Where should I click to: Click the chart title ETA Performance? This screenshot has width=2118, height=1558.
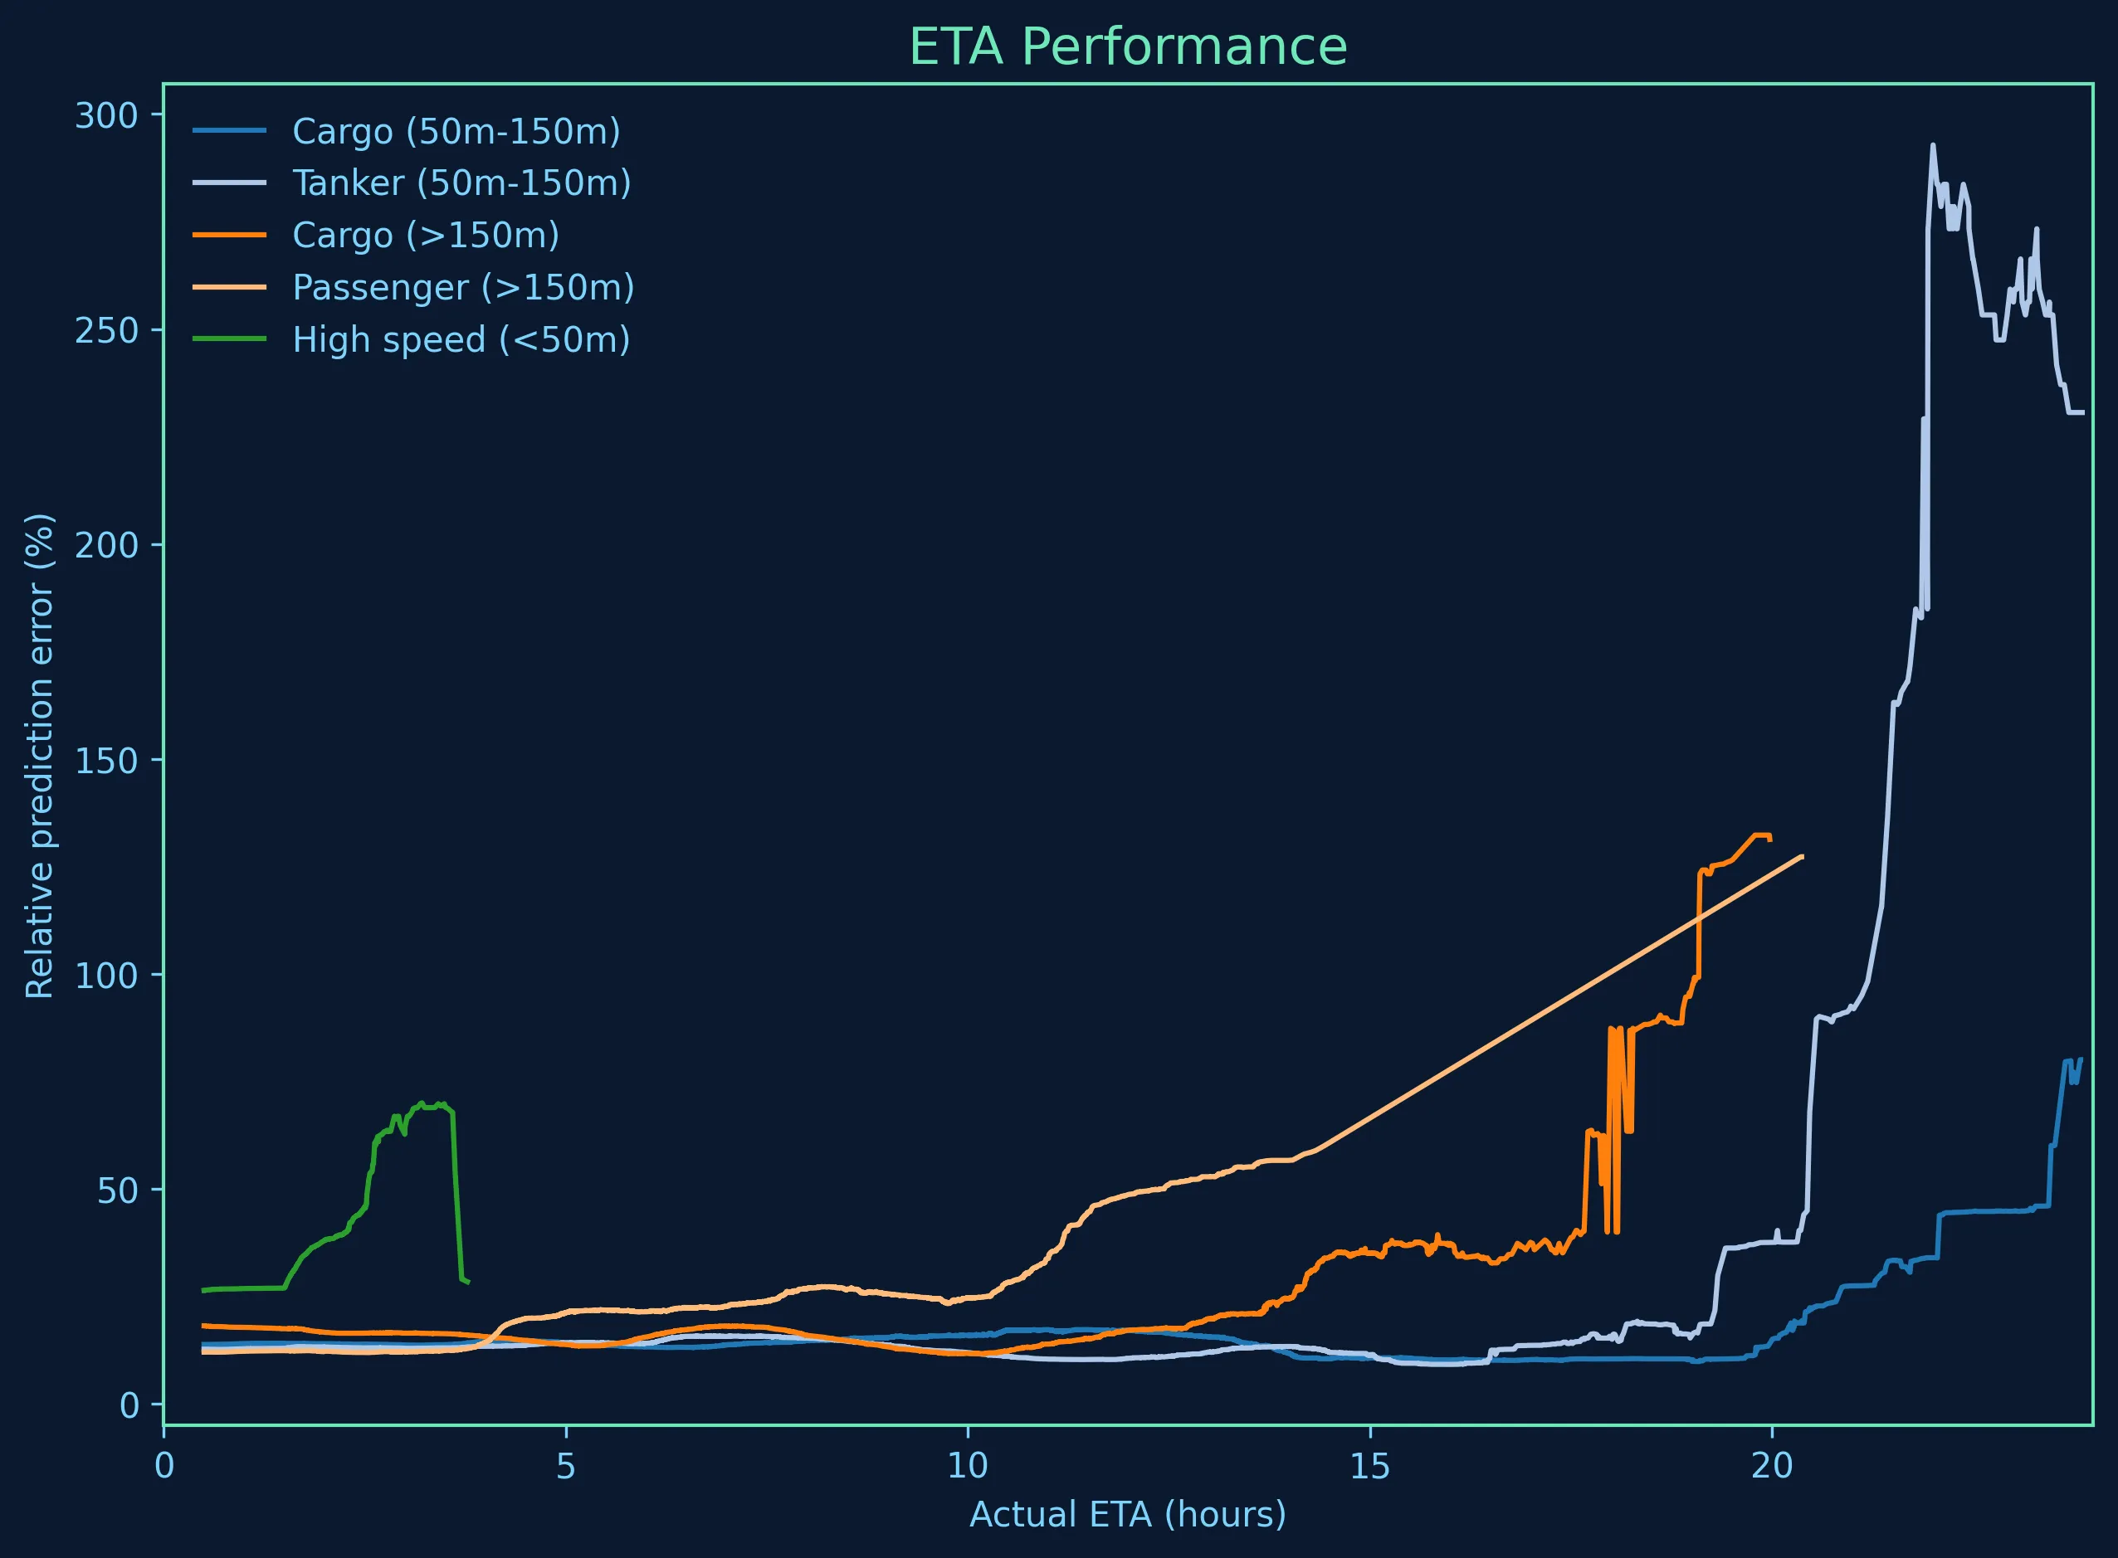click(x=1127, y=47)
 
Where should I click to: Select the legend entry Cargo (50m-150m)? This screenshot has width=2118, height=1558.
click(x=456, y=131)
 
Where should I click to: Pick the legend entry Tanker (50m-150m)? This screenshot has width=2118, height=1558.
click(x=461, y=183)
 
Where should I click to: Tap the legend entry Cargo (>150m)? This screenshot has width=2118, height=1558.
click(x=426, y=235)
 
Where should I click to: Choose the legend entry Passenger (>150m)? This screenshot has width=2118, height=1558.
click(x=463, y=287)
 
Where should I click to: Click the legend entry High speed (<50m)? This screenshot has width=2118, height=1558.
click(x=461, y=339)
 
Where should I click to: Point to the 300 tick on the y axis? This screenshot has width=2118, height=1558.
click(x=105, y=115)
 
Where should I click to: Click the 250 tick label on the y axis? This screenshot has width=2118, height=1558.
click(x=105, y=330)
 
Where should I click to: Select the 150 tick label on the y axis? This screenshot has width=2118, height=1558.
click(x=105, y=760)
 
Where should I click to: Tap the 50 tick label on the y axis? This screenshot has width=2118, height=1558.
click(x=117, y=1190)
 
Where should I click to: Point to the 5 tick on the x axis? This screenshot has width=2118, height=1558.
click(x=565, y=1466)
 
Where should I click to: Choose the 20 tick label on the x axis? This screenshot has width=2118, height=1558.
click(x=1771, y=1466)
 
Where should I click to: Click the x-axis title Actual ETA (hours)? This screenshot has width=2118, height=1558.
click(x=1127, y=1515)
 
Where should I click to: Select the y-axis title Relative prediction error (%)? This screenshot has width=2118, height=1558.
click(x=40, y=754)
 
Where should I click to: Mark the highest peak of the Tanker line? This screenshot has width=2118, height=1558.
click(x=1933, y=145)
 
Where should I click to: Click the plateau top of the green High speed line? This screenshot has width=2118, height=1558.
click(x=429, y=1105)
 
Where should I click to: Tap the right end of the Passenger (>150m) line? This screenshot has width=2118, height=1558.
click(x=1803, y=855)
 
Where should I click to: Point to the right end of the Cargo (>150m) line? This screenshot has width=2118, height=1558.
click(x=1771, y=839)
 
